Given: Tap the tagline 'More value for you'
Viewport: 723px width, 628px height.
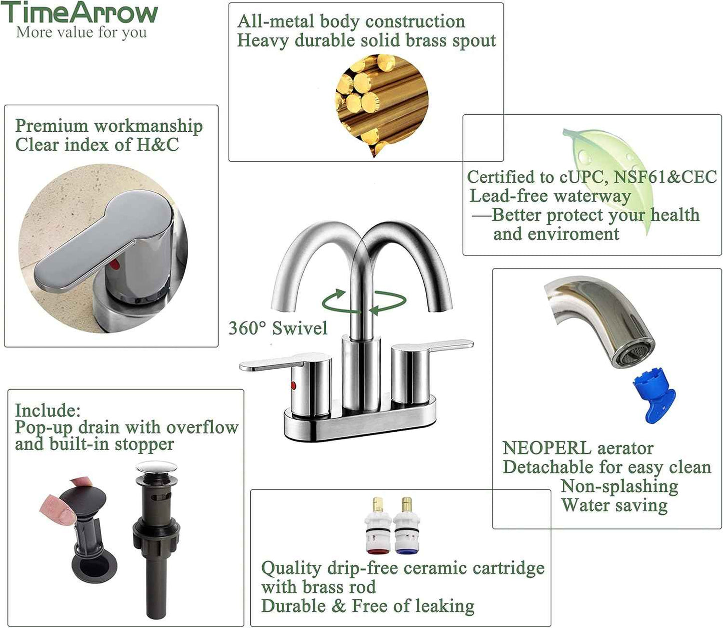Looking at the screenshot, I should click(x=82, y=33).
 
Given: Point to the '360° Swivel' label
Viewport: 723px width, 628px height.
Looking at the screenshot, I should click(x=278, y=329).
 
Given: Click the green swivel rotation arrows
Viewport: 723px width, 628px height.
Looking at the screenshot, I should click(x=364, y=301).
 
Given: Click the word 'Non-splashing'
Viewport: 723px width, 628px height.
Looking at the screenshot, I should click(x=619, y=486).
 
